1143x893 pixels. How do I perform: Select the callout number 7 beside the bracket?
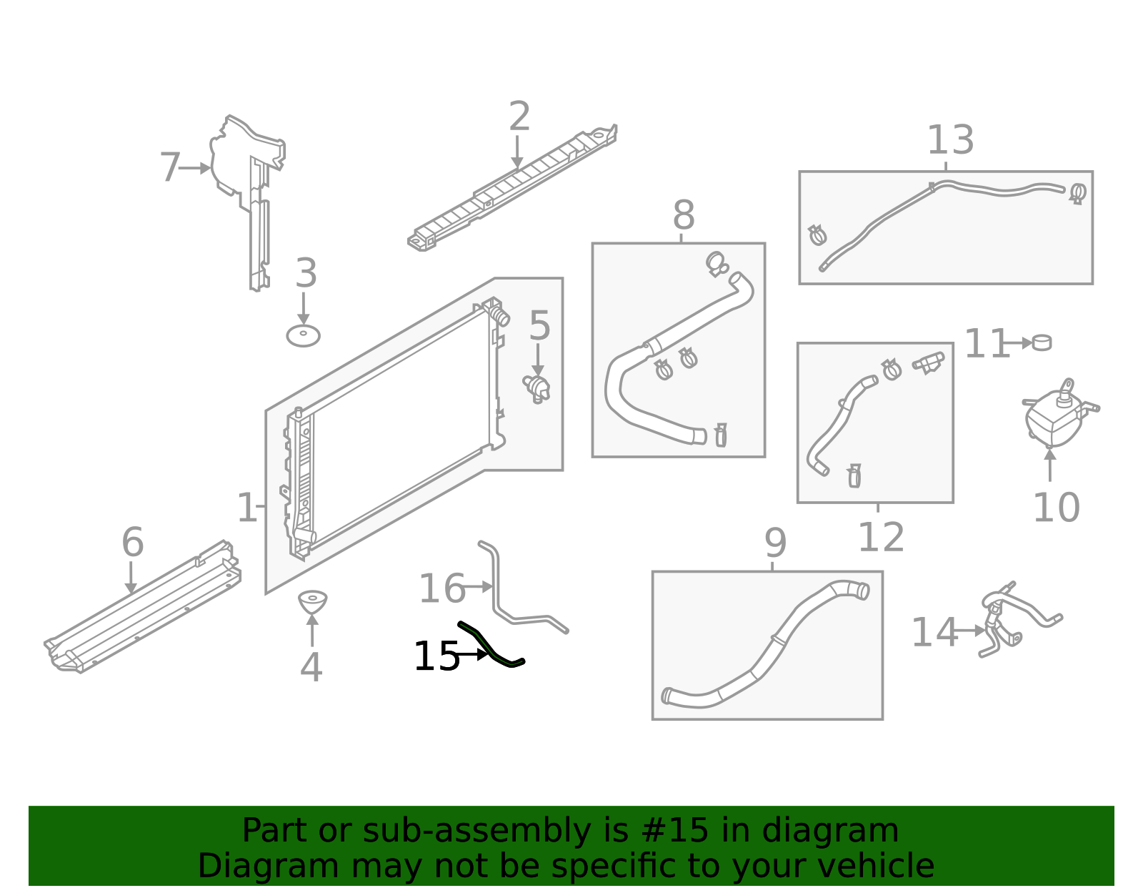[170, 168]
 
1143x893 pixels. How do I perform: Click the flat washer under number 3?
[303, 335]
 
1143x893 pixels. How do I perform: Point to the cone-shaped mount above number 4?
[312, 601]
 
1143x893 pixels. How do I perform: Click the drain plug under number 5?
[537, 388]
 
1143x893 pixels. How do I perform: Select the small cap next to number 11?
[1042, 342]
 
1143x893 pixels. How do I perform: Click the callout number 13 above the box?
[949, 140]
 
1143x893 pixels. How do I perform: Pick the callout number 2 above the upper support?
[519, 117]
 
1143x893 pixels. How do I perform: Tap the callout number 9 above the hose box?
[775, 544]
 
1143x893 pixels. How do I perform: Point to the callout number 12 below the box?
[880, 538]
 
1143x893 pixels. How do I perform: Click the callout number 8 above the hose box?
[683, 214]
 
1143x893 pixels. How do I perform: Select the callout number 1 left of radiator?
[246, 508]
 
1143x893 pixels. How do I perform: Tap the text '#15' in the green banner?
[674, 831]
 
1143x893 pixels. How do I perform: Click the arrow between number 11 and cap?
[1020, 343]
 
